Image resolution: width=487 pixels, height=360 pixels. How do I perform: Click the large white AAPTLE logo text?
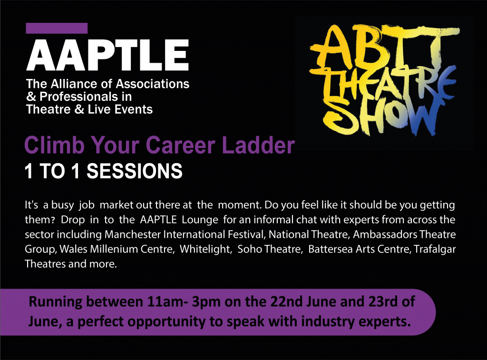[x=107, y=55]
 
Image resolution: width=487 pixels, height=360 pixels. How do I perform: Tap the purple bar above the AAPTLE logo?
[x=57, y=28]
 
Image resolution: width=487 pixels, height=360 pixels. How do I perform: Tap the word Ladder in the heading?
[x=259, y=145]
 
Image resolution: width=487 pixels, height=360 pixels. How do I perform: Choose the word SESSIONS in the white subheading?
[x=134, y=171]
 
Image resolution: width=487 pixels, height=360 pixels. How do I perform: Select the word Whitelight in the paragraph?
[x=206, y=249]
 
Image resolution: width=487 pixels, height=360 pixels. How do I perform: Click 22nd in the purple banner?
[x=283, y=302]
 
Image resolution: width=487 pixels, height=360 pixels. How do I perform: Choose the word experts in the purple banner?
[x=383, y=322]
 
